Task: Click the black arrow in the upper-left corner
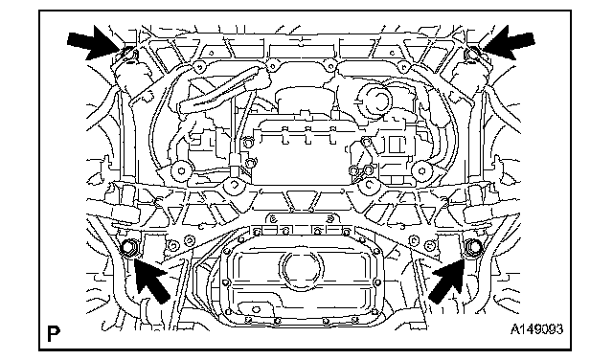point(94,42)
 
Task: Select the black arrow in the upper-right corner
point(509,42)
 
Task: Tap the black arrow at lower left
point(151,279)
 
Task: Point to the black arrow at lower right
point(447,280)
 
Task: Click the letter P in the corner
point(54,333)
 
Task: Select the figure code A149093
point(536,328)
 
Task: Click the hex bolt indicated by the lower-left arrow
point(128,247)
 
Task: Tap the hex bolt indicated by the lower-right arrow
point(474,247)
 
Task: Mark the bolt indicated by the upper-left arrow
point(127,53)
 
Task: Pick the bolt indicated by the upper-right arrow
point(473,52)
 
